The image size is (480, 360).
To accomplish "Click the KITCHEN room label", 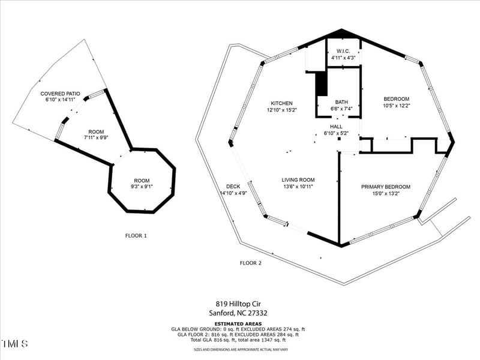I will (x=281, y=103).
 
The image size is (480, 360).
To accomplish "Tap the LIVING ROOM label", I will (x=298, y=180).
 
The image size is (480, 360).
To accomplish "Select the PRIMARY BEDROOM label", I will (x=386, y=187).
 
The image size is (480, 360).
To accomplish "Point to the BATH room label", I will (x=341, y=102).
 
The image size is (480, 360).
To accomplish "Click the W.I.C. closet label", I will (x=343, y=51).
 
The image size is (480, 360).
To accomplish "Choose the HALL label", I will (x=336, y=127).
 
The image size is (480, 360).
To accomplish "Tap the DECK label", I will (x=233, y=186).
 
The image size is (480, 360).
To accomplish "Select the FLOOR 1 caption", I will (x=136, y=236).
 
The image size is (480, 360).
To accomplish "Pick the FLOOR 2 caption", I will (x=251, y=263).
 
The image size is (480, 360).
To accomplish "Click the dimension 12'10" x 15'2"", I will (x=281, y=110).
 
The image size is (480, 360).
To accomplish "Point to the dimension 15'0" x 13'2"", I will (x=386, y=194).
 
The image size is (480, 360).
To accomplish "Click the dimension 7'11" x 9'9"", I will (x=96, y=139).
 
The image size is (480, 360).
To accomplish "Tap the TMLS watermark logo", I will (x=14, y=344).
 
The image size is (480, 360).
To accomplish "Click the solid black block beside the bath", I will (x=321, y=83).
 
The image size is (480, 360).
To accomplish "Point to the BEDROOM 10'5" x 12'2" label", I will (x=396, y=103).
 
